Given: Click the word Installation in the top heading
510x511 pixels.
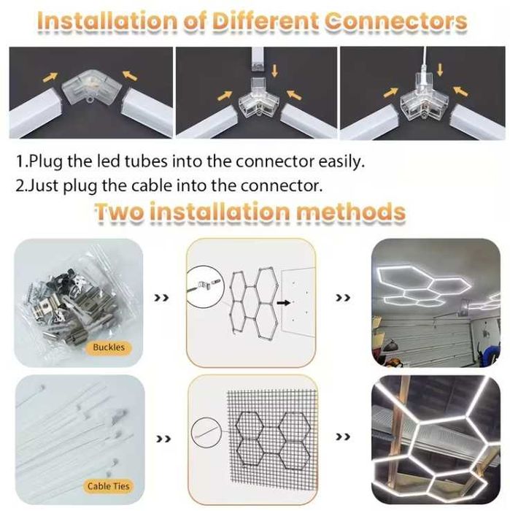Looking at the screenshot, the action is [108, 21].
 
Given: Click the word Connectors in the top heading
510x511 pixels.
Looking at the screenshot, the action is [396, 21].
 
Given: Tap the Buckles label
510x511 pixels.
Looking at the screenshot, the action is [109, 347].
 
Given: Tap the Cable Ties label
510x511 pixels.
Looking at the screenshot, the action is [109, 486].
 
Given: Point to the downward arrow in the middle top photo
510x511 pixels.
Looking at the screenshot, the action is [275, 70].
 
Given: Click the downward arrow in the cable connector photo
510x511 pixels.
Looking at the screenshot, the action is [440, 69].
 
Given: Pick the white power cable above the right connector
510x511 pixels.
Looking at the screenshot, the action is [423, 58].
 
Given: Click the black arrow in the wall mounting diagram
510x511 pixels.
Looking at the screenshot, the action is [283, 303].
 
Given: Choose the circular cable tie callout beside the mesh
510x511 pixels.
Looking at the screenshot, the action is [206, 432].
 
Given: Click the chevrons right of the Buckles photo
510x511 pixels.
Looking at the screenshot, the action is [161, 298].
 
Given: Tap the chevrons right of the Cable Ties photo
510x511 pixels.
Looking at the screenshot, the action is [163, 439].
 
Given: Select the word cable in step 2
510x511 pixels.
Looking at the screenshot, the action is [152, 185].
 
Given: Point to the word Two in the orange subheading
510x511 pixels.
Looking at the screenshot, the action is [119, 212].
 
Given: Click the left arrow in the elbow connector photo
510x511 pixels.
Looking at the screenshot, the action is [50, 77].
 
